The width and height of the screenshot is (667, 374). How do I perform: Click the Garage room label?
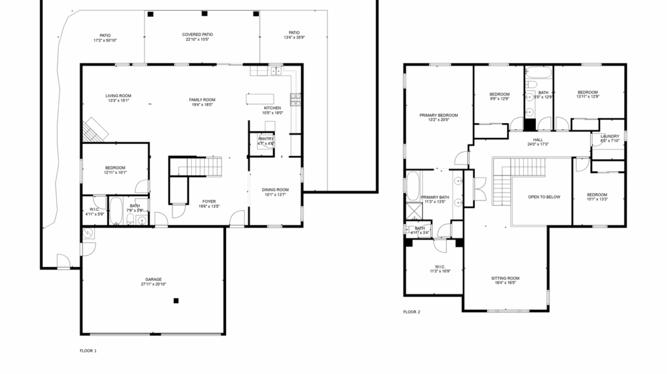[153, 279]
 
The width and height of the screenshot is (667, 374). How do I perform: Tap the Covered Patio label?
[198, 35]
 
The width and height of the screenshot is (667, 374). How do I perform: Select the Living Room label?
[118, 96]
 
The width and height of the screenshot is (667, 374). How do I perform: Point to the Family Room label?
[202, 100]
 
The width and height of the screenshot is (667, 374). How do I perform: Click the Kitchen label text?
[272, 108]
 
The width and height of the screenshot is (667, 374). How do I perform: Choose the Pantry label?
[266, 139]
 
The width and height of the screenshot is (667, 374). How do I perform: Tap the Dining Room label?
[275, 190]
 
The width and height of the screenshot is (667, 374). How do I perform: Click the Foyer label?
[209, 202]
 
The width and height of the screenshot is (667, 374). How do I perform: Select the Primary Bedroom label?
[439, 115]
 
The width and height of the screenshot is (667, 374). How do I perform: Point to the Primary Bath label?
[434, 198]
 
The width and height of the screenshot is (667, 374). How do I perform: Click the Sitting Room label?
[505, 279]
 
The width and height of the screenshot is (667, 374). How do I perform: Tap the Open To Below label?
[544, 197]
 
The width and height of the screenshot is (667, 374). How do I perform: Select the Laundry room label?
[609, 136]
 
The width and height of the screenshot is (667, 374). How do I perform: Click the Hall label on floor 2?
[537, 139]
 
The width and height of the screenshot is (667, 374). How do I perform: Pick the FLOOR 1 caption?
[88, 351]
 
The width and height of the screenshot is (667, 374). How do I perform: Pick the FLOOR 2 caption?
[412, 312]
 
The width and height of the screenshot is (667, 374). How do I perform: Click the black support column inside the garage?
[176, 301]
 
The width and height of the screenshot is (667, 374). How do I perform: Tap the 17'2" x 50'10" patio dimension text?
[105, 40]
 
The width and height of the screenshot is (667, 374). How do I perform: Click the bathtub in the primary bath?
[413, 186]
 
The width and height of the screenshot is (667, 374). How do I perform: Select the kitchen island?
[260, 99]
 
